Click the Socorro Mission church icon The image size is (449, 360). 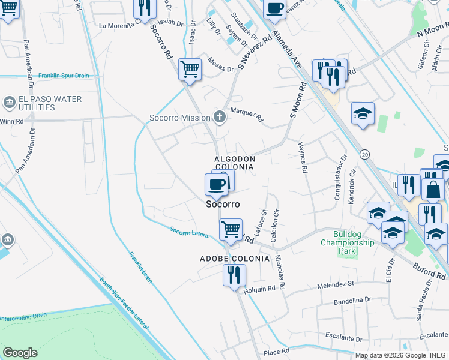pos(220,117)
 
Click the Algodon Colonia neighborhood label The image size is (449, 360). pos(235,163)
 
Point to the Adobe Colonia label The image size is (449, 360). pos(234,259)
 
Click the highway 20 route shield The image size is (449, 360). pos(365,155)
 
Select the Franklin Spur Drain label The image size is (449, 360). pos(64,76)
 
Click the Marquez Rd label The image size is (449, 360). pos(247,114)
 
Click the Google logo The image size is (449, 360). pos(20,353)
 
